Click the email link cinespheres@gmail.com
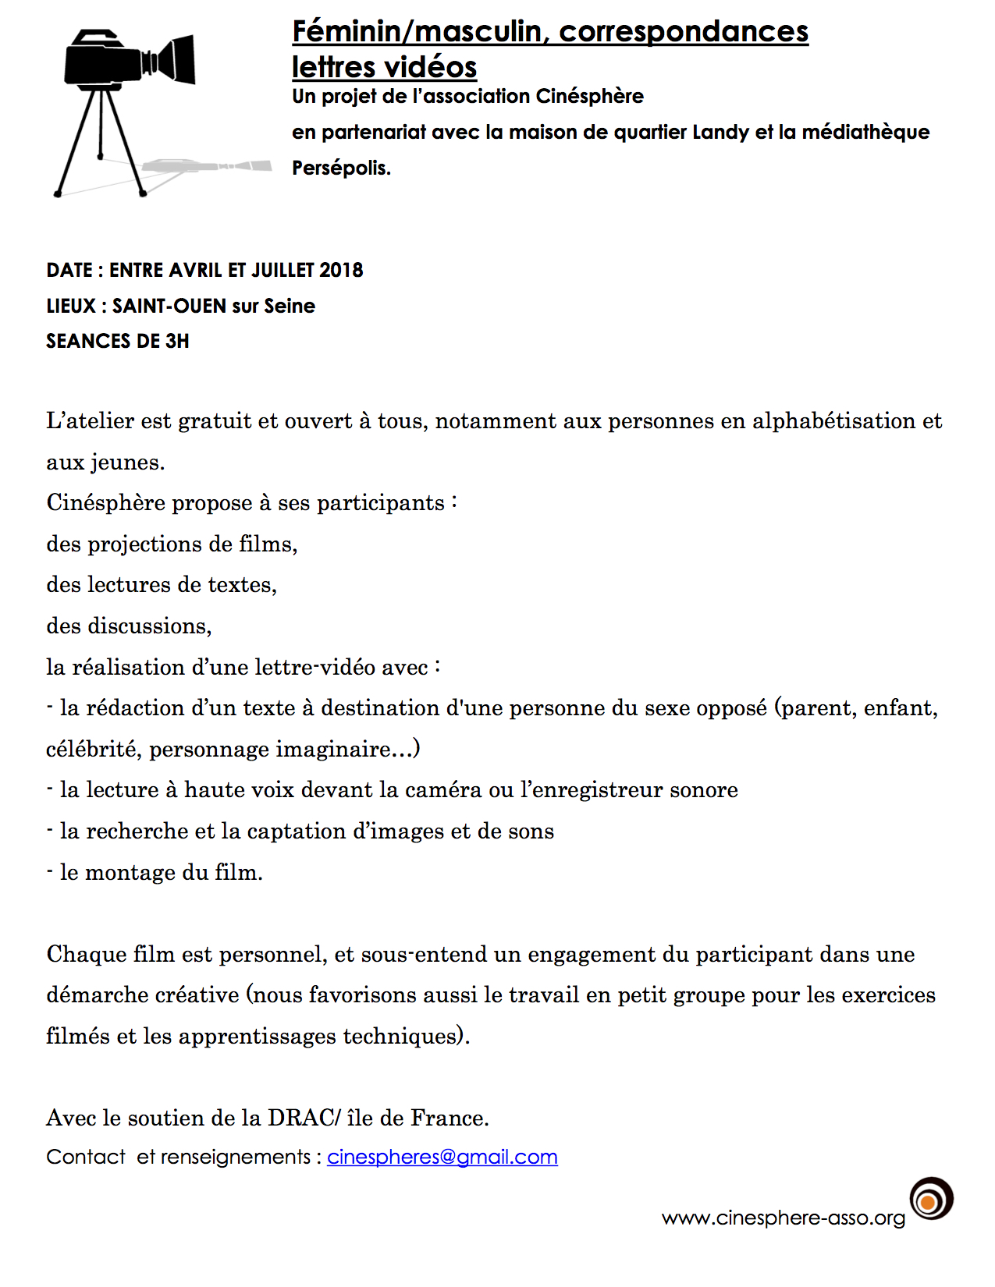pos(442,1157)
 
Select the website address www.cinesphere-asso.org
pos(783,1218)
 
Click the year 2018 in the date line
pos(341,270)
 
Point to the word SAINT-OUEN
pos(169,306)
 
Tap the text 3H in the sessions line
pos(177,341)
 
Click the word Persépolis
pos(341,168)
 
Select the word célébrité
pos(94,750)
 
